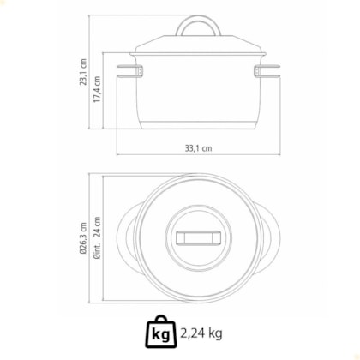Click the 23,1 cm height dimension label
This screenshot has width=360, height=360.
83,72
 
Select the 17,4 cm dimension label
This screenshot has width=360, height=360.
97,89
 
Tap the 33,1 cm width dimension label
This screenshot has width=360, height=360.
199,148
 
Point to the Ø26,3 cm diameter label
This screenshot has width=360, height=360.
83,238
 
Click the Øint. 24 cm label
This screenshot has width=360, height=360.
97,238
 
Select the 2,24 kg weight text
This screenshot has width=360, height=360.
201,333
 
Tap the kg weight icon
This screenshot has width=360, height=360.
161,333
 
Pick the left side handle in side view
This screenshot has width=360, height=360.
130,71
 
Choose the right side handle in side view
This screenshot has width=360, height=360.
267,71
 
